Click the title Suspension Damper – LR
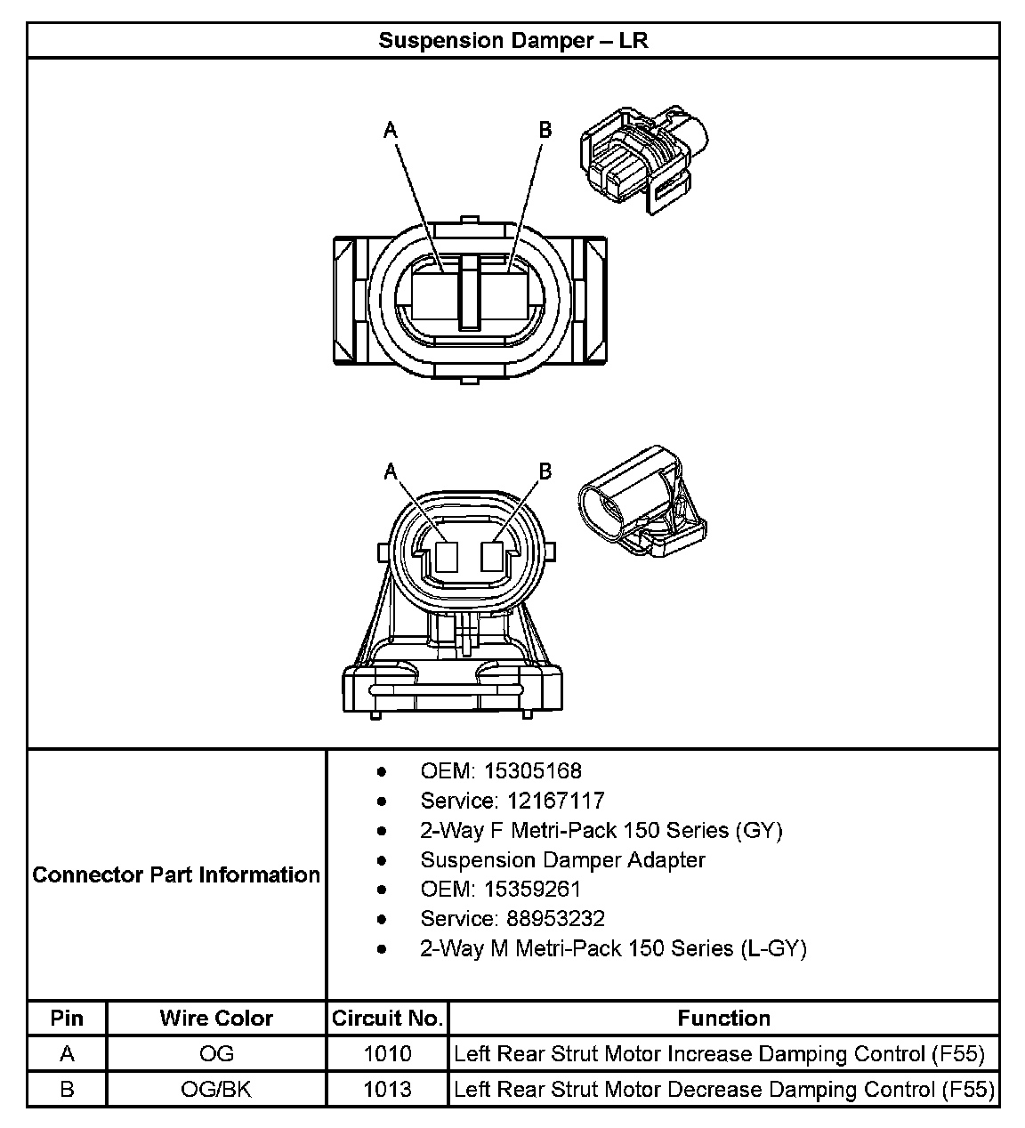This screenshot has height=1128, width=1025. tap(512, 40)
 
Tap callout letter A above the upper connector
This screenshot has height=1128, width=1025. tap(390, 130)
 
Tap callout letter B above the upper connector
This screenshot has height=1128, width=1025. tap(545, 130)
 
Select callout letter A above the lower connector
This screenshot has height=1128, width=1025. tap(390, 471)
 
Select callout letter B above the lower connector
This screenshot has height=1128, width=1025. tap(545, 471)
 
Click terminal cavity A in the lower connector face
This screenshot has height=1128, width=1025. tap(446, 557)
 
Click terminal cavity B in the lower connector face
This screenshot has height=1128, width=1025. tap(492, 557)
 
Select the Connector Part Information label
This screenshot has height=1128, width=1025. tap(176, 874)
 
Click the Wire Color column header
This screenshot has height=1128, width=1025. tap(216, 1018)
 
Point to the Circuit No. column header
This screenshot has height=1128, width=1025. tap(387, 1018)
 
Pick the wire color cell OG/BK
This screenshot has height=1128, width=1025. tap(216, 1089)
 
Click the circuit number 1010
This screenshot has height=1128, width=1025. tap(387, 1054)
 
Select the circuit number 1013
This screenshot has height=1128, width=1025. tap(387, 1089)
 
